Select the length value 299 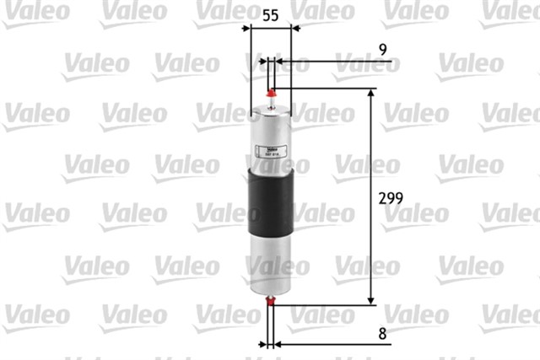(389, 199)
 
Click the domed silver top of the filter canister (271, 110)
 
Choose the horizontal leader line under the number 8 (337, 344)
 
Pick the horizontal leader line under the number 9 (337, 62)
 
